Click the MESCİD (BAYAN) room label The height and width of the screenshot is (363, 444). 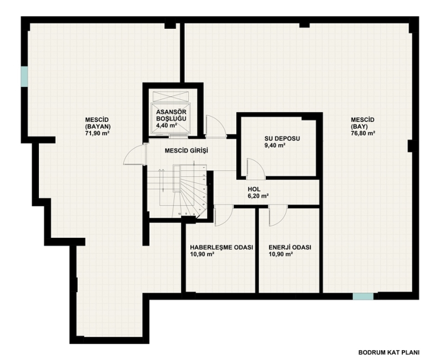coord(98,123)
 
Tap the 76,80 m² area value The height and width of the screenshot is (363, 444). coord(363,133)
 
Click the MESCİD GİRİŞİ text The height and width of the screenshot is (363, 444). coord(186,151)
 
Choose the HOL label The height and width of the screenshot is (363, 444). coord(254,189)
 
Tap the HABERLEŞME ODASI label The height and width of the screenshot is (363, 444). coord(221,247)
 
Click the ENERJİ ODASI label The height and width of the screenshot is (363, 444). coord(290,247)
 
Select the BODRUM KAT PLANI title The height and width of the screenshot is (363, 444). coord(389,352)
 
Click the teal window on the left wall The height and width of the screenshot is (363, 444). coord(24,76)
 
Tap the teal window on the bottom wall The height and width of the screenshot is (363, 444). coord(363,296)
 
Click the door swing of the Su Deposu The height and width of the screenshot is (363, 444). coord(256,168)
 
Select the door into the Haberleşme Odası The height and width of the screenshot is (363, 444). coord(224,216)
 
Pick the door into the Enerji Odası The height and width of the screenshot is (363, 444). coord(278,216)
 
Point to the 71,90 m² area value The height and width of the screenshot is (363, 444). coord(98,134)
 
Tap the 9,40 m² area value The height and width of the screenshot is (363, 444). coord(275,146)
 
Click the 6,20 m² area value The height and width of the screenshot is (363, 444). coord(258,196)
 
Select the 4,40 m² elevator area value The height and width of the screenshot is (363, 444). coord(167,125)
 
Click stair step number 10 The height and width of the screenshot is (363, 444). coord(179,214)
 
